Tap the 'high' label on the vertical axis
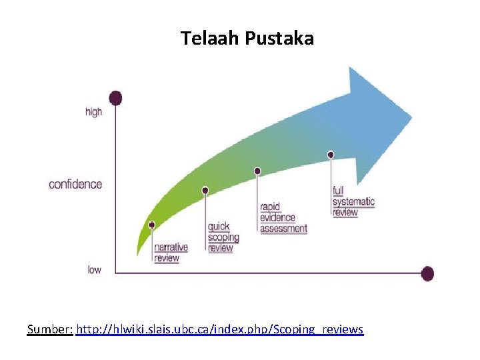pyautogui.click(x=94, y=112)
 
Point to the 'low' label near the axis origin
pyautogui.click(x=95, y=270)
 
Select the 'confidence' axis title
pyautogui.click(x=75, y=184)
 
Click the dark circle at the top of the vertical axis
pyautogui.click(x=116, y=98)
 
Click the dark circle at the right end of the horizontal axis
pyautogui.click(x=428, y=273)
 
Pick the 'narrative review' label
pyautogui.click(x=171, y=253)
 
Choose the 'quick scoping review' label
pyautogui.click(x=223, y=237)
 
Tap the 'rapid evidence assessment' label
pyautogui.click(x=283, y=217)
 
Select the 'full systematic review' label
pyautogui.click(x=353, y=201)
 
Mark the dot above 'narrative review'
pyautogui.click(x=152, y=225)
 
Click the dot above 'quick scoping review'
pyautogui.click(x=205, y=191)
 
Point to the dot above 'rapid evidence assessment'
pyautogui.click(x=258, y=171)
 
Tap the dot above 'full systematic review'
pyautogui.click(x=331, y=155)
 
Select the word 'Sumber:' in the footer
pyautogui.click(x=50, y=329)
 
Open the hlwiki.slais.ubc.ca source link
pyautogui.click(x=220, y=329)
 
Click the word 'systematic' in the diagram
pyautogui.click(x=353, y=201)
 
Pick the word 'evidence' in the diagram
pyautogui.click(x=279, y=217)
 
